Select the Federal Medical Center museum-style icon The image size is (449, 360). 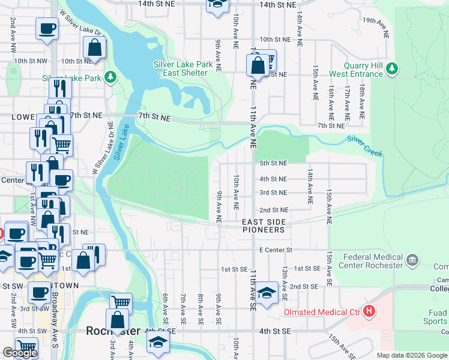tap(412, 260)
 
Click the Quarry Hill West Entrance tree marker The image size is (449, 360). tap(392, 69)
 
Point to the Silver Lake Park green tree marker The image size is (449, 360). tap(110, 77)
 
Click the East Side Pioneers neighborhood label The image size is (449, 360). tap(264, 226)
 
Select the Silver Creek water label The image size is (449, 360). tap(365, 146)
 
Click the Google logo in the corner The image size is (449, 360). tap(20, 353)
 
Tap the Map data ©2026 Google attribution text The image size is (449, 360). tap(411, 355)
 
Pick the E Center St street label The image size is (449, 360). tap(275, 250)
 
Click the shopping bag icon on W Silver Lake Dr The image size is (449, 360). tap(95, 47)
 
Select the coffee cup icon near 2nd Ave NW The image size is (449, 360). tap(47, 28)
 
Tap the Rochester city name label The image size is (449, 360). tap(113, 331)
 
